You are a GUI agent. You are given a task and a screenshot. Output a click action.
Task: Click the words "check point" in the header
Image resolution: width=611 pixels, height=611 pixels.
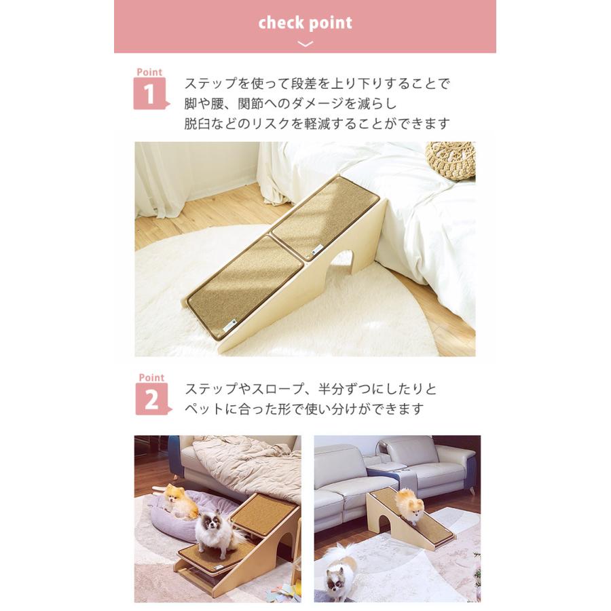(305, 23)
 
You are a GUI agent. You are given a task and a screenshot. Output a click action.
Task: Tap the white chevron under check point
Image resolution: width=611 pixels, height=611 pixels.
(305, 44)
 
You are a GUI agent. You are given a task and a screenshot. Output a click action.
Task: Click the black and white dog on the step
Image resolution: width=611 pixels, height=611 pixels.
(214, 533)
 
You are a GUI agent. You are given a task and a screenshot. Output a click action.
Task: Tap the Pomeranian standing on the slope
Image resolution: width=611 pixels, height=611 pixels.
(409, 505)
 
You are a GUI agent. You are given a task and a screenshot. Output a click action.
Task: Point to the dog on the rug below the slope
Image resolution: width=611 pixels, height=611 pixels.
(339, 574)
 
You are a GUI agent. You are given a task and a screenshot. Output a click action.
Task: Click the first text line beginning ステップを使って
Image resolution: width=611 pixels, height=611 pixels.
(317, 84)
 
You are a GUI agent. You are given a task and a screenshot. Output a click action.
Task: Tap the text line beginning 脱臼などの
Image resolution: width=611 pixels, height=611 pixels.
(317, 124)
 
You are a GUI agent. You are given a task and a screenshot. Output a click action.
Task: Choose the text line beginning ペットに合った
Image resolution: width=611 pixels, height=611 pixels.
(304, 409)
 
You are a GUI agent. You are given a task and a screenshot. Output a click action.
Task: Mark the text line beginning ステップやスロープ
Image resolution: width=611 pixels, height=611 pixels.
(311, 389)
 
